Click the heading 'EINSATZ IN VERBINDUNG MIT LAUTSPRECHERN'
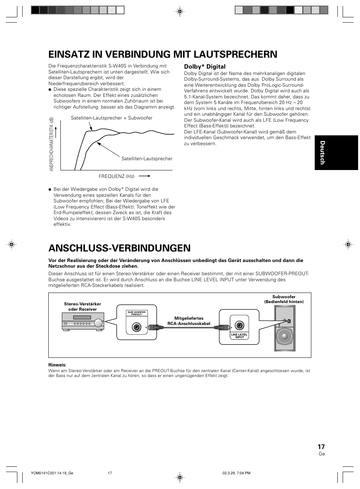click(163, 54)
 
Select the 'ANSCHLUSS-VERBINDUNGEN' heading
click(119, 248)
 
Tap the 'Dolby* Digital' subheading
click(205, 67)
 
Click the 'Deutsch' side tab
click(322, 152)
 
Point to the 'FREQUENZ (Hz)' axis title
click(117, 176)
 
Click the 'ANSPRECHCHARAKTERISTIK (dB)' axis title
click(52, 144)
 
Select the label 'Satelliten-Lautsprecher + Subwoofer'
click(112, 118)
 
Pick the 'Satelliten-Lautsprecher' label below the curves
click(147, 159)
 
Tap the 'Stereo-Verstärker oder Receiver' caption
click(83, 307)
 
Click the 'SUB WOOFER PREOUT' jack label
click(137, 313)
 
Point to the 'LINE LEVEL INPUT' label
click(239, 336)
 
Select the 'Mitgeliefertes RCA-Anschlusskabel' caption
click(189, 321)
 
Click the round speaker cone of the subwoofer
click(285, 337)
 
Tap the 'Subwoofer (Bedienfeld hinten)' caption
click(284, 299)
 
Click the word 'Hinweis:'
click(57, 365)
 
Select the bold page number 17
click(321, 446)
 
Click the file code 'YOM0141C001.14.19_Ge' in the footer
click(52, 473)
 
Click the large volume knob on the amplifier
click(98, 323)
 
